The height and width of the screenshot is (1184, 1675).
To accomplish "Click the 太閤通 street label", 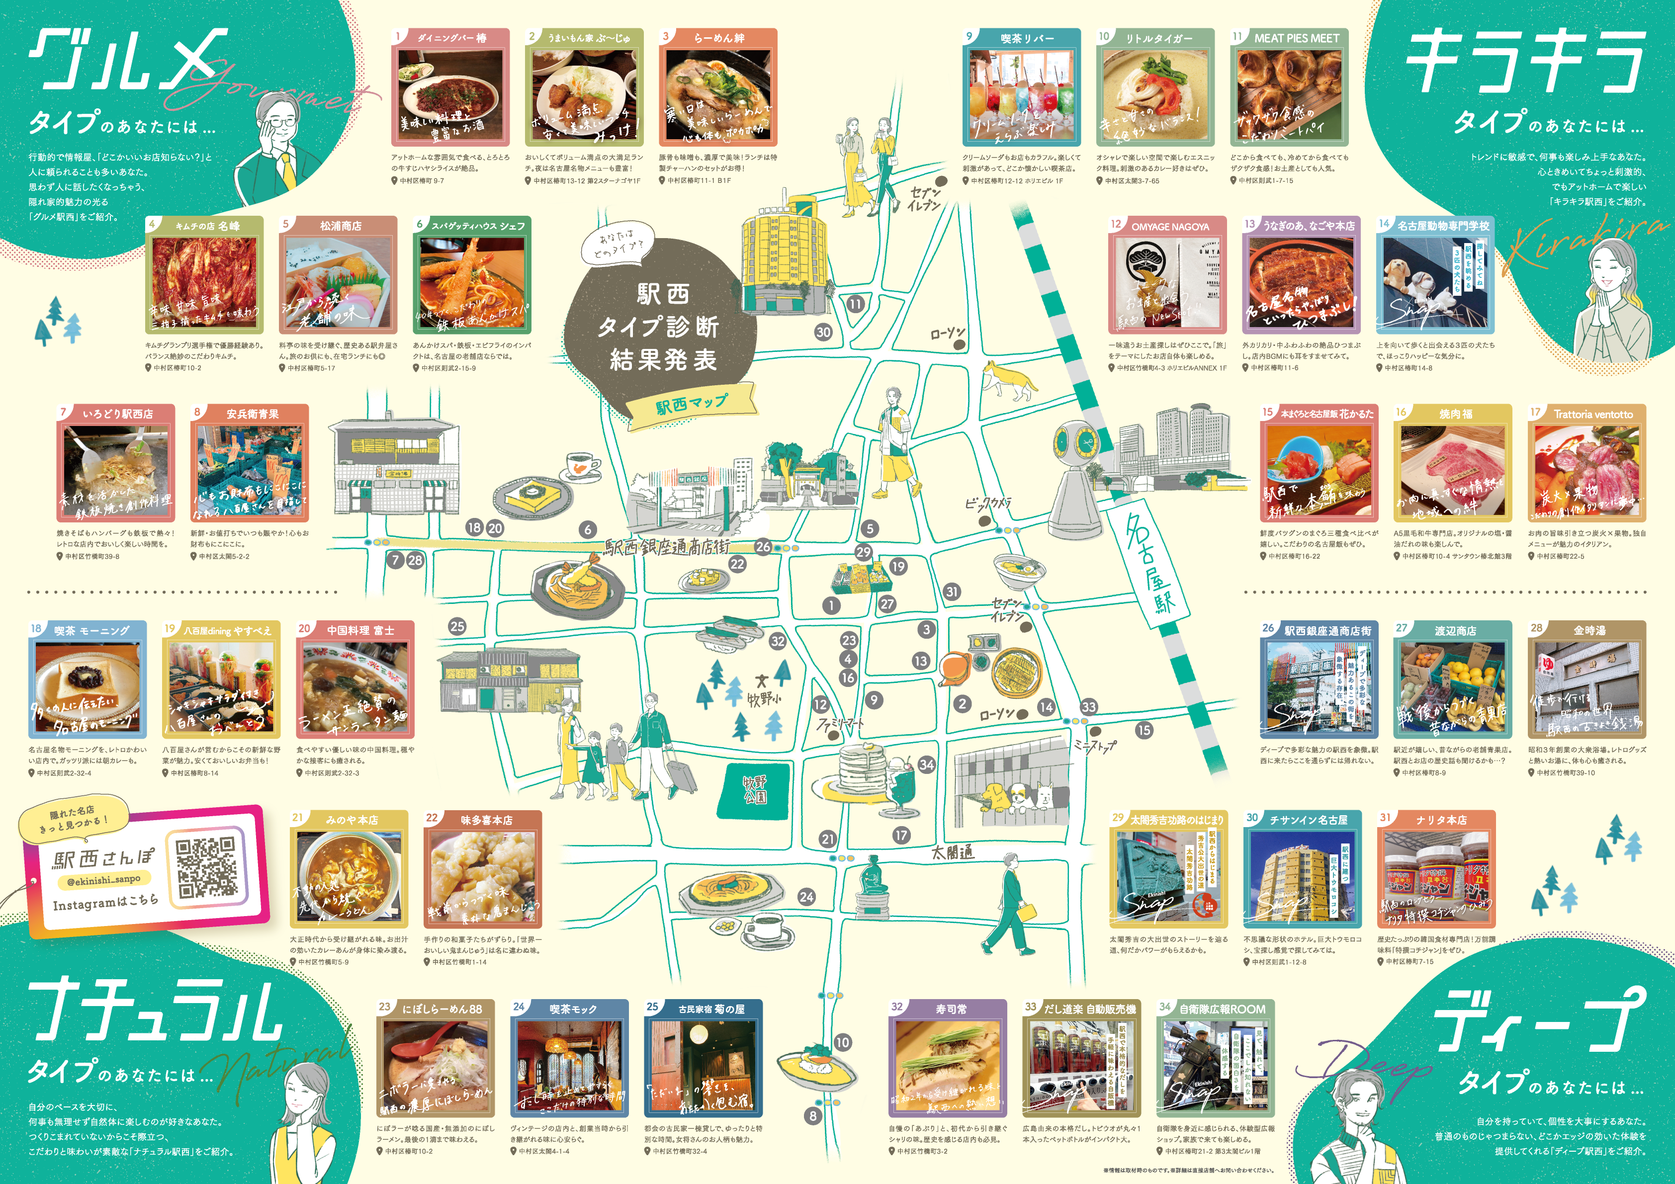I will click(x=952, y=851).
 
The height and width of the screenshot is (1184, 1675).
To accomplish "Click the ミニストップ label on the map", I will click(x=1094, y=746).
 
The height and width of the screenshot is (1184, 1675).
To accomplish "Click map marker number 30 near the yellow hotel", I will click(x=823, y=332).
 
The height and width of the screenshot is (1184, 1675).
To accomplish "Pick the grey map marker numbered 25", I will click(x=457, y=626).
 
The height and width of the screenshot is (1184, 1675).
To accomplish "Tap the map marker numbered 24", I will click(x=806, y=897).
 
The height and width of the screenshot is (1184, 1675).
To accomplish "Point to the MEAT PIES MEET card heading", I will click(x=1296, y=38).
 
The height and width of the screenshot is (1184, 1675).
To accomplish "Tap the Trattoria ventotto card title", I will click(x=1592, y=414).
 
